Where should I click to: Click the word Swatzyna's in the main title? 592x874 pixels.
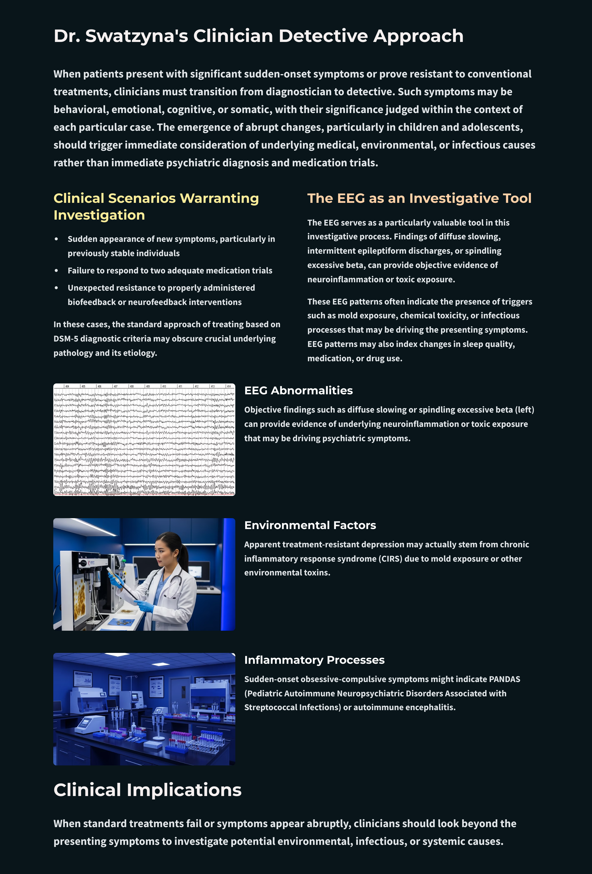(x=136, y=36)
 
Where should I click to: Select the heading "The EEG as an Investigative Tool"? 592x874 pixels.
(x=419, y=198)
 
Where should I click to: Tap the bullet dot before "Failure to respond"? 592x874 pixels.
(x=56, y=270)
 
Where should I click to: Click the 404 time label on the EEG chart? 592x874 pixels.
(x=67, y=386)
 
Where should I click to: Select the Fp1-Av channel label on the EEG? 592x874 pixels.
(x=56, y=395)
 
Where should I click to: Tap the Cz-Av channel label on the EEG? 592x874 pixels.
(x=56, y=444)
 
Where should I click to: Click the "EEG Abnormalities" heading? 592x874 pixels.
(x=298, y=390)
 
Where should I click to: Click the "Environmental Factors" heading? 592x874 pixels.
(x=310, y=525)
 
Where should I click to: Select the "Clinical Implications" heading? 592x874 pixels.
(x=147, y=790)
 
